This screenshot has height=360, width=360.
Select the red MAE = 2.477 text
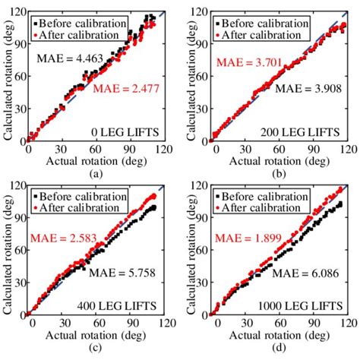coord(123,90)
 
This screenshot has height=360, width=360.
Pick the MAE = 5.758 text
coord(120,270)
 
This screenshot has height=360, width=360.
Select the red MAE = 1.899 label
coord(245,238)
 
